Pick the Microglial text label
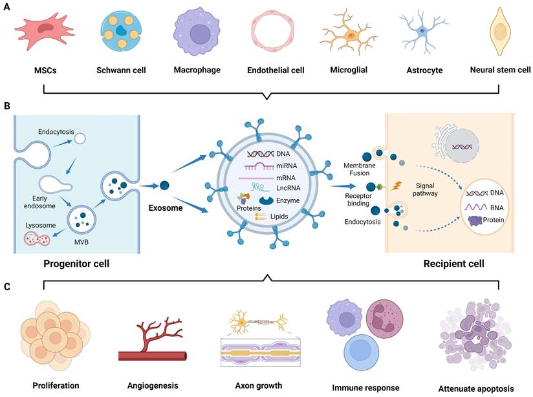(348, 69)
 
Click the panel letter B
(6, 103)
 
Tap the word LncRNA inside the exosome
(278, 187)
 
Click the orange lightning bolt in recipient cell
(397, 185)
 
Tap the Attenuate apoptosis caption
(476, 388)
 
